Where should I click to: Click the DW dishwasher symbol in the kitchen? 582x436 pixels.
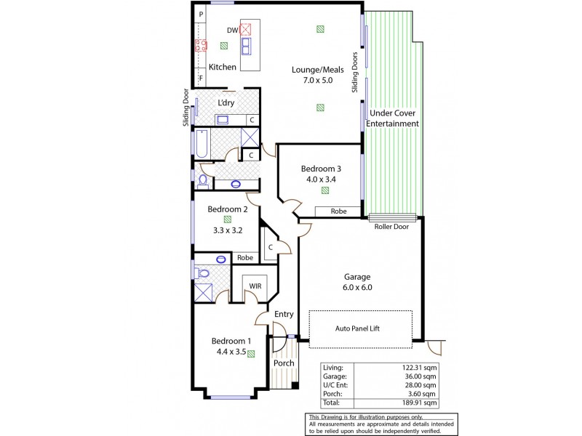tap(245, 30)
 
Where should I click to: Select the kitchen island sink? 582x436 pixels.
tap(247, 47)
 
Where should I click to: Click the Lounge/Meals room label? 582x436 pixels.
tap(312, 75)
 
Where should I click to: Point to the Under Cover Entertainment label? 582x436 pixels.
tap(394, 118)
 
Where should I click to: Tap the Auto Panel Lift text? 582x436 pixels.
tap(360, 328)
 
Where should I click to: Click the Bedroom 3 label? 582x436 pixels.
tap(322, 169)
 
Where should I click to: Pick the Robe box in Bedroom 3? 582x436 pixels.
tap(338, 211)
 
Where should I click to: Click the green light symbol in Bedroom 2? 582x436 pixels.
tap(228, 217)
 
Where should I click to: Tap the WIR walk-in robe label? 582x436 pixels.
tap(255, 286)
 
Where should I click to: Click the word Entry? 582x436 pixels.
tap(284, 314)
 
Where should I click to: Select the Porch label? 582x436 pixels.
tap(284, 363)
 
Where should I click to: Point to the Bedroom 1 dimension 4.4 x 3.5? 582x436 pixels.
tap(231, 352)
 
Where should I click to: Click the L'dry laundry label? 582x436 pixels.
tap(226, 102)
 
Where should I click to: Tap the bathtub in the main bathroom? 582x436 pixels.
tap(201, 143)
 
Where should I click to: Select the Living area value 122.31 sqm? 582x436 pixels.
tap(420, 369)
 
